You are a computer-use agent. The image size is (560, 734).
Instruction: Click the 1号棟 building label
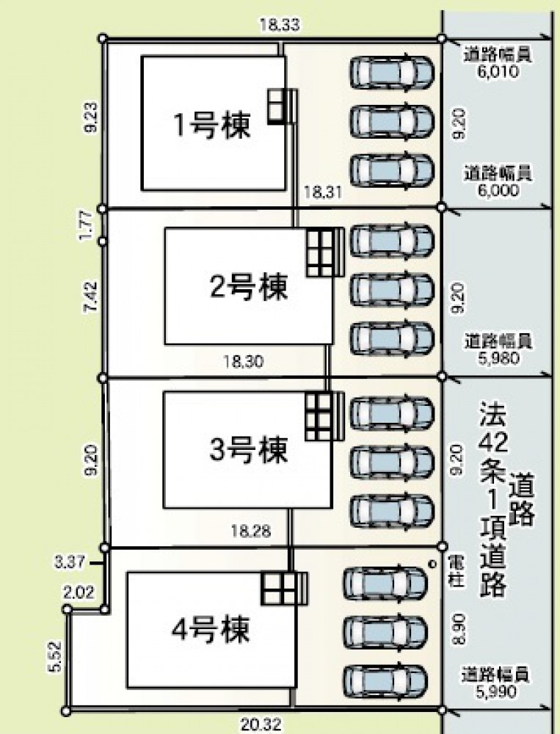[x=212, y=125]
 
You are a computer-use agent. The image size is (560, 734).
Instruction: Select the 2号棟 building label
[x=248, y=286]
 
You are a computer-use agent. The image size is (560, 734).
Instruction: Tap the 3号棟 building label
[x=248, y=450]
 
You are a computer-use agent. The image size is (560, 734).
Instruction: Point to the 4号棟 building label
[x=210, y=630]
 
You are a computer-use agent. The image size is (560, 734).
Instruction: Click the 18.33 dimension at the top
[x=280, y=24]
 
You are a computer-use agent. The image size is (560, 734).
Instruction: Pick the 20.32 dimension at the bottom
[x=262, y=725]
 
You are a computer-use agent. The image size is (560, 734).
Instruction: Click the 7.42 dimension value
[x=90, y=296]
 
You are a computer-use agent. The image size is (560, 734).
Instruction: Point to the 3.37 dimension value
[x=69, y=562]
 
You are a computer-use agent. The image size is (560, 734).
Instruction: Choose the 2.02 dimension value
[x=79, y=592]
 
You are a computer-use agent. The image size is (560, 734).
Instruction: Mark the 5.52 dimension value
[x=54, y=657]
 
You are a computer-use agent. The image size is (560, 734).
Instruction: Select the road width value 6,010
[x=498, y=72]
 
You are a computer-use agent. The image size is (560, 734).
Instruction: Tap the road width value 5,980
[x=498, y=358]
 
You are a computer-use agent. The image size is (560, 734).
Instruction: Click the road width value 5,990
[x=496, y=691]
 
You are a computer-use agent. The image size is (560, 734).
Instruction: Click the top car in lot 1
[x=392, y=72]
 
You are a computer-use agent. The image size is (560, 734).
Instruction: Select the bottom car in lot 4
[x=385, y=680]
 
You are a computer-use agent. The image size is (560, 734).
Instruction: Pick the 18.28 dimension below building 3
[x=251, y=531]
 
